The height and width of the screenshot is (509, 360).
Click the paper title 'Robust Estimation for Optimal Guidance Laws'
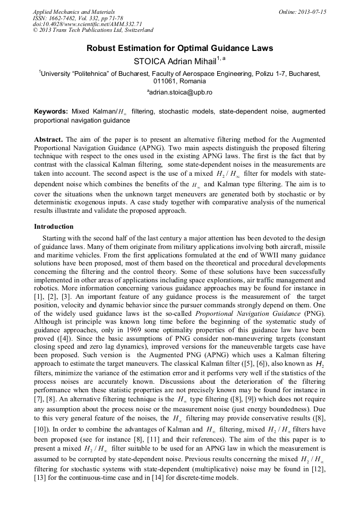click(x=179, y=48)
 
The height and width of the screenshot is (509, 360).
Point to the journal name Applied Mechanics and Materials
click(x=74, y=11)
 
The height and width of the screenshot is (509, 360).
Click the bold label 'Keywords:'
click(x=51, y=112)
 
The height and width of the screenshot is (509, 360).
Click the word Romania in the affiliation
click(x=194, y=82)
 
